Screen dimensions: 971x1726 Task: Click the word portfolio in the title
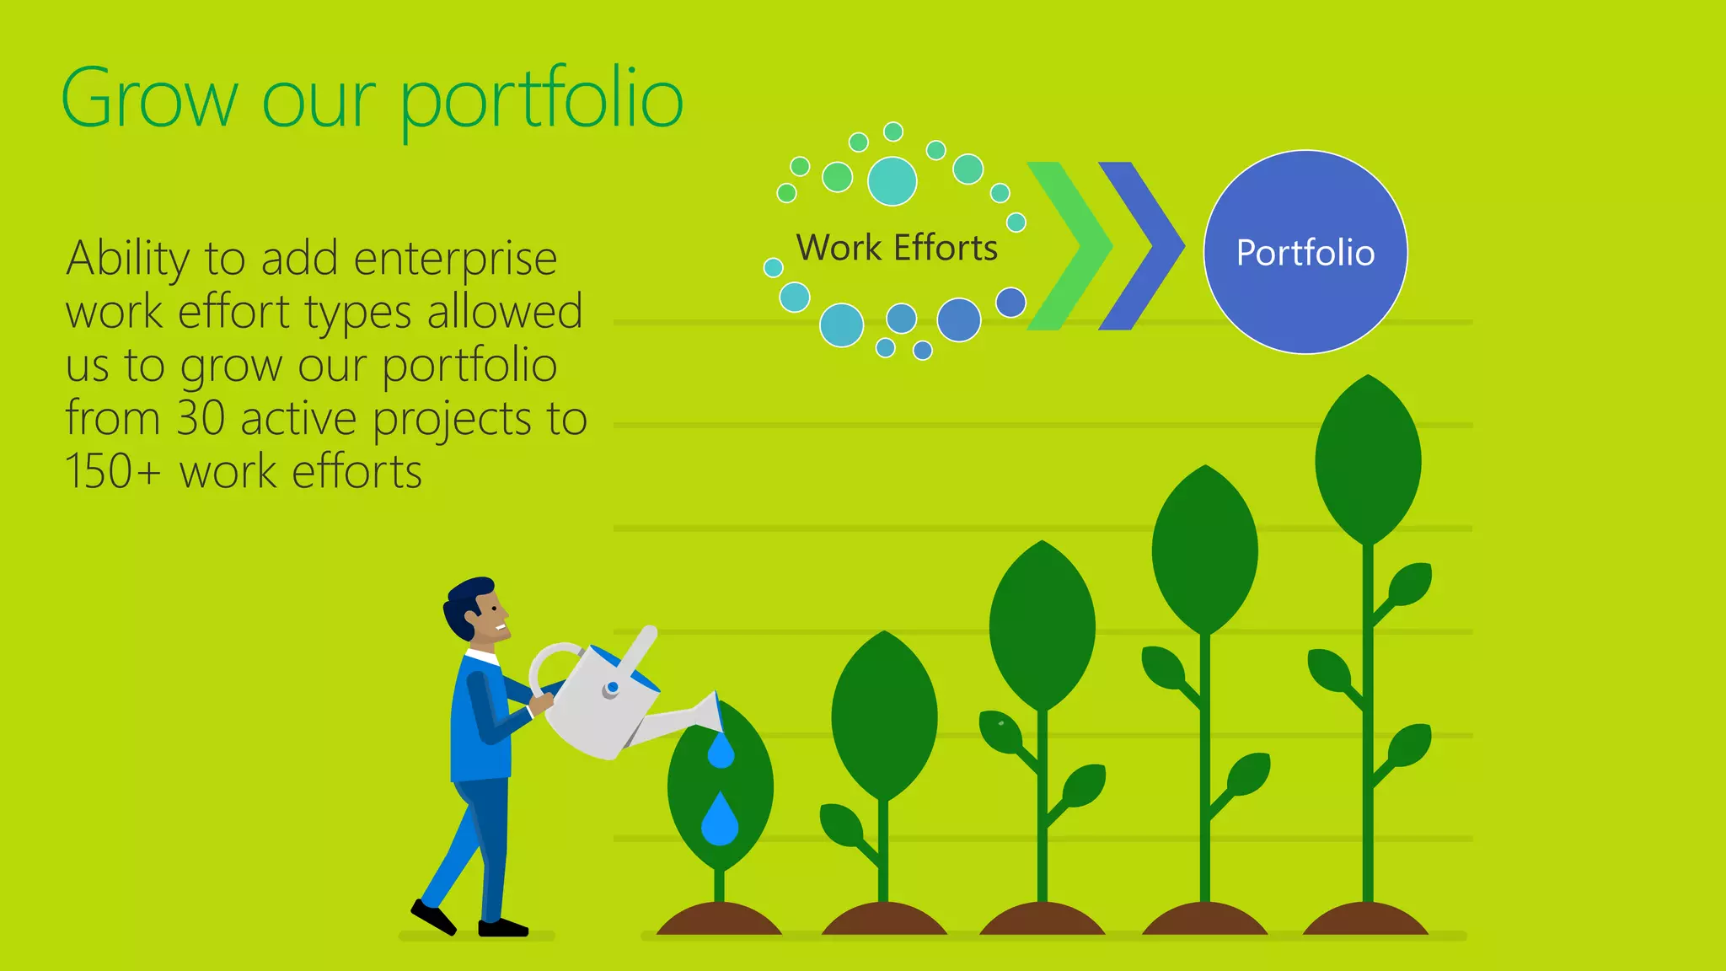click(540, 100)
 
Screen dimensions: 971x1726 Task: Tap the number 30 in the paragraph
click(201, 418)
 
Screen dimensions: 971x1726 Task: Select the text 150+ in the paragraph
click(112, 471)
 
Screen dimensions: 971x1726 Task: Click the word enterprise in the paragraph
click(455, 258)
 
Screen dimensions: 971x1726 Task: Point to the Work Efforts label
click(897, 248)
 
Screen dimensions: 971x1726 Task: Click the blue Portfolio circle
click(1305, 252)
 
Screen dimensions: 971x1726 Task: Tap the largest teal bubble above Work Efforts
click(892, 180)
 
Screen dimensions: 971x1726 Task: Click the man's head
click(476, 609)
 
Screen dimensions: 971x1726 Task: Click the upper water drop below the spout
click(721, 751)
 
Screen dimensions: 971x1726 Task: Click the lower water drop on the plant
click(720, 819)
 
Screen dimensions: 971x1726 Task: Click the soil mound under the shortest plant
click(719, 920)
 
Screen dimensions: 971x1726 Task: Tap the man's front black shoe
click(503, 928)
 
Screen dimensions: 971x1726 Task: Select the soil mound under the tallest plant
click(1365, 920)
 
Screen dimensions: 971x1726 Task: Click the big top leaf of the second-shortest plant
click(883, 716)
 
